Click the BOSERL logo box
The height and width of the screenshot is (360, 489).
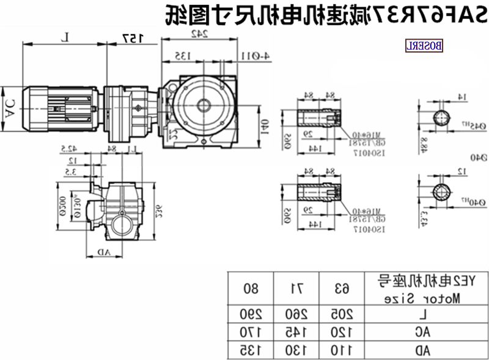424,46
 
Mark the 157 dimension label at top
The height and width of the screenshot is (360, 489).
132,38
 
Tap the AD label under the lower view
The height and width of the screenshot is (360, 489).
105,252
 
